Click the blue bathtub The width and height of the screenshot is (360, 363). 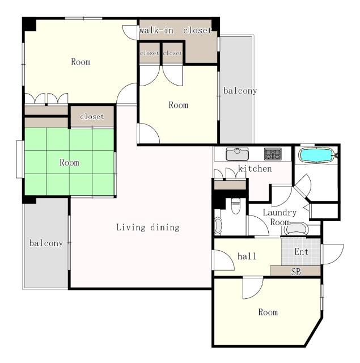316,155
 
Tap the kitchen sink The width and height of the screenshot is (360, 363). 237,154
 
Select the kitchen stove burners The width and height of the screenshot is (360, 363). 273,154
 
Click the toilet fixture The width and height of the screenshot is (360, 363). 236,206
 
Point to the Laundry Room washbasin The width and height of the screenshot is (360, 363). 296,229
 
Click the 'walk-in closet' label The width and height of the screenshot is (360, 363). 175,30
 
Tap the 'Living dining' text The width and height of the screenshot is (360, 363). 148,227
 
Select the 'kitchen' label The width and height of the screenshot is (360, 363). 255,168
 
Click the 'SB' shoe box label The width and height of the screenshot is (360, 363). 296,271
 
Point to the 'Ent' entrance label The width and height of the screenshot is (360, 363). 302,252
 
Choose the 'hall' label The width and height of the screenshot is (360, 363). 247,256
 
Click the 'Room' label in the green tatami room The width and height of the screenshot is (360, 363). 69,162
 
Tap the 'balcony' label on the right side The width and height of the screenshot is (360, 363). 240,91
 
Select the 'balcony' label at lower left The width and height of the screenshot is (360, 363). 46,243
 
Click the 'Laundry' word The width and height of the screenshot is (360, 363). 279,213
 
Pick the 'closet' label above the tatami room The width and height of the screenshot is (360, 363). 92,116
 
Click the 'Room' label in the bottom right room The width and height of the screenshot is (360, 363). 268,312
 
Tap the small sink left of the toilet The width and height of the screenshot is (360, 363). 218,225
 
